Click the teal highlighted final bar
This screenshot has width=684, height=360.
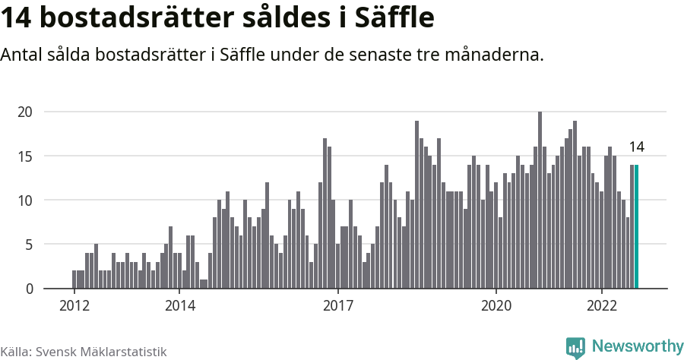coord(636,226)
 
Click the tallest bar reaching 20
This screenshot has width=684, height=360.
coord(540,201)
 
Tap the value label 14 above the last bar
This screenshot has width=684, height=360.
coord(636,147)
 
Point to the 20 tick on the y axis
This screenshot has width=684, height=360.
coord(25,112)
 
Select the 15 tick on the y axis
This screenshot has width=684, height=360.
coord(25,156)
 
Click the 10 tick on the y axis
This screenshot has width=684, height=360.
coord(25,201)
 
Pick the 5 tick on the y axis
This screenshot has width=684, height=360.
coord(28,245)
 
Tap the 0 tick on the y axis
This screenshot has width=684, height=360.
coord(28,289)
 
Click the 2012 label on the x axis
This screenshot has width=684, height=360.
coord(74,306)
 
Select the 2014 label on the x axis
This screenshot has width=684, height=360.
coord(179,306)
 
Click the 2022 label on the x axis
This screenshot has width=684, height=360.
coord(601,306)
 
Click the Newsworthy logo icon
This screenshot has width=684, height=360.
coord(575,347)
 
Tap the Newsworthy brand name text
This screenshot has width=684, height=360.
coord(637,346)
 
